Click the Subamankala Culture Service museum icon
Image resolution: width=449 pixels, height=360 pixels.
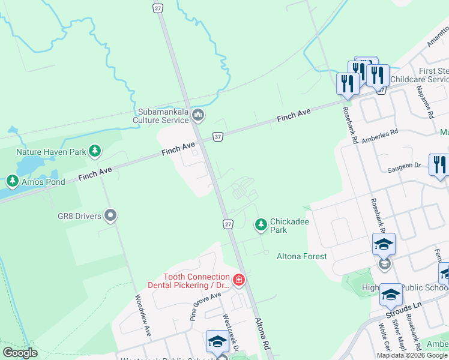[197, 115]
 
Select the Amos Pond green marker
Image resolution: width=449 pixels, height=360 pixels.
[12, 180]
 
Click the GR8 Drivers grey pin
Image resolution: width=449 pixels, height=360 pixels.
[110, 215]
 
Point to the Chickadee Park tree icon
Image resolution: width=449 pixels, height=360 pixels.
[261, 225]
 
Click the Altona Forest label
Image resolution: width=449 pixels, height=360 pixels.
[301, 257]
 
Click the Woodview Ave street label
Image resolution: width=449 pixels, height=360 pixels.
[143, 314]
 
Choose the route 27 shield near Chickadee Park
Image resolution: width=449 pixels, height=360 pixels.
[228, 224]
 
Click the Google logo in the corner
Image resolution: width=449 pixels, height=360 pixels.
[20, 352]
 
